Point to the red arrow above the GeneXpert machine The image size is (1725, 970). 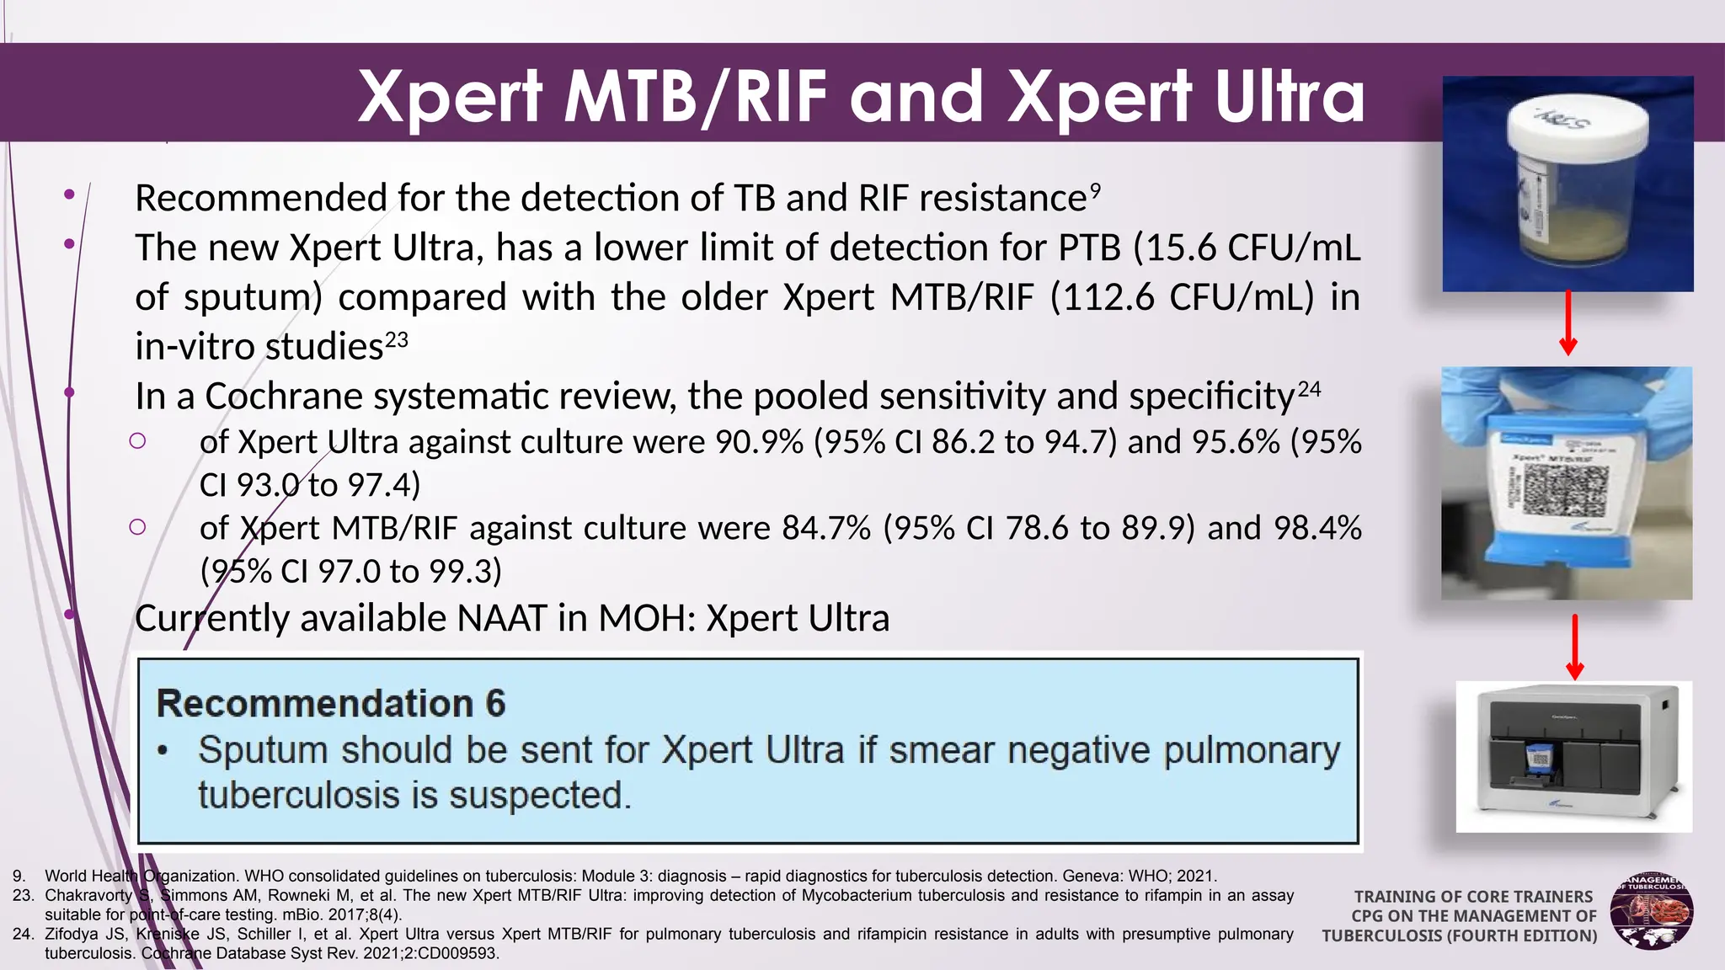point(1574,647)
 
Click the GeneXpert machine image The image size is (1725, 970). point(1573,756)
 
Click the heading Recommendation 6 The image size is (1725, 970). point(330,704)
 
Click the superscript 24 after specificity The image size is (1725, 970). point(1309,389)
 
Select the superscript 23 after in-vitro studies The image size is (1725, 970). point(396,340)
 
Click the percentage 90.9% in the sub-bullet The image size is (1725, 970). point(759,442)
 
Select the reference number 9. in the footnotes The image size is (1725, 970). point(19,877)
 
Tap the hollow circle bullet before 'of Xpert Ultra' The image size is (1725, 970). point(138,440)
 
